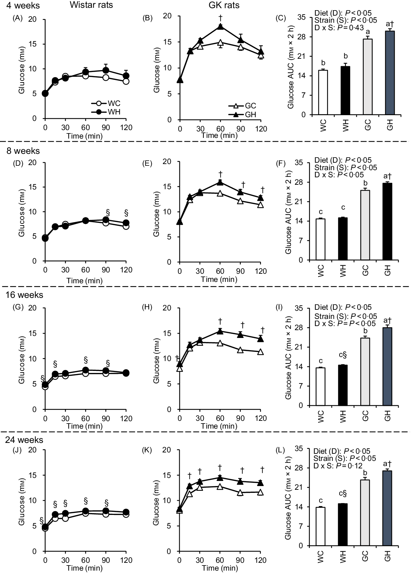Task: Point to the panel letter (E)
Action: [148, 163]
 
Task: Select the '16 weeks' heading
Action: [24, 295]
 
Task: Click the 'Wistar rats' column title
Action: [92, 5]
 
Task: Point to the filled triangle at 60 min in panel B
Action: [220, 27]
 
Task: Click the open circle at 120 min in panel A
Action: [126, 82]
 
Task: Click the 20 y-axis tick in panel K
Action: [172, 450]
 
